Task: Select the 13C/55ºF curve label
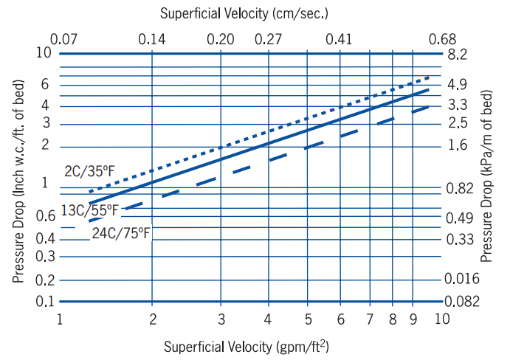(89, 210)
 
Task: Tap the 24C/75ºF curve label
(121, 234)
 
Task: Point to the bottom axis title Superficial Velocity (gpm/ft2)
(247, 346)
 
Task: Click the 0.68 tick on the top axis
(443, 38)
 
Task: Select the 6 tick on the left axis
(45, 84)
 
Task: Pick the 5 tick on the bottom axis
(306, 319)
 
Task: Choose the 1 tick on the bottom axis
(60, 319)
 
